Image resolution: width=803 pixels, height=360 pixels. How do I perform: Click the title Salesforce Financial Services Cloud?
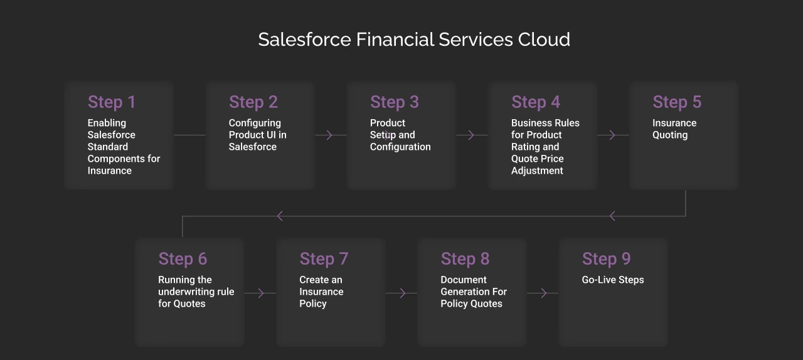pyautogui.click(x=414, y=40)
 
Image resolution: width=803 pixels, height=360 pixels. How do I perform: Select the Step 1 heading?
pyautogui.click(x=112, y=102)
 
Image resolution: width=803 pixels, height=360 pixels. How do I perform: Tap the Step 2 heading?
pyautogui.click(x=253, y=102)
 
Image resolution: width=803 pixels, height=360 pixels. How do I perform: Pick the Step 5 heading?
pyautogui.click(x=677, y=102)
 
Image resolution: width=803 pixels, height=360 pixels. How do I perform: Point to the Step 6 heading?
pyautogui.click(x=183, y=258)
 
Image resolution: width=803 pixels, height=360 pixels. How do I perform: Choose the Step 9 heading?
pyautogui.click(x=606, y=258)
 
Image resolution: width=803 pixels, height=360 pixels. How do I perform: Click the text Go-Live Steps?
pyautogui.click(x=613, y=280)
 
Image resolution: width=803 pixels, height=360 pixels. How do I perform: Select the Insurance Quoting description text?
pyautogui.click(x=674, y=129)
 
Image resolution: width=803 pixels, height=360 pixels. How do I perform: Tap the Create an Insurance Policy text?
pyautogui.click(x=321, y=292)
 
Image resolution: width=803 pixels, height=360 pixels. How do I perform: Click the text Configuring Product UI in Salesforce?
pyautogui.click(x=257, y=135)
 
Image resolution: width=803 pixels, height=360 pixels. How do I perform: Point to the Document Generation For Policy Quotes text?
pyautogui.click(x=474, y=292)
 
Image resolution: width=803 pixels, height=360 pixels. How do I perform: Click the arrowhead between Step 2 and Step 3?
pyautogui.click(x=329, y=135)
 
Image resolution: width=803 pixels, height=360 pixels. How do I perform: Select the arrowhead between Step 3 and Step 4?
pyautogui.click(x=471, y=135)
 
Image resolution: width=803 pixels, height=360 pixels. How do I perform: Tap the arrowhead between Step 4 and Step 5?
pyautogui.click(x=612, y=135)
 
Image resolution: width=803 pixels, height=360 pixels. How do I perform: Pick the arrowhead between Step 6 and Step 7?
pyautogui.click(x=262, y=293)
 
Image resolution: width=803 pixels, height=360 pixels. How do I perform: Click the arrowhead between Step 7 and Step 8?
pyautogui.click(x=403, y=293)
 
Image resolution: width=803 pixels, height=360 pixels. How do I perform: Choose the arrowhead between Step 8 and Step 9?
pyautogui.click(x=544, y=293)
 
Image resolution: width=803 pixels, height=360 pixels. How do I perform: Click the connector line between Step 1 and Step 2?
pyautogui.click(x=189, y=135)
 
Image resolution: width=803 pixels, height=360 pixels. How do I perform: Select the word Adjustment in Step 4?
pyautogui.click(x=537, y=171)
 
